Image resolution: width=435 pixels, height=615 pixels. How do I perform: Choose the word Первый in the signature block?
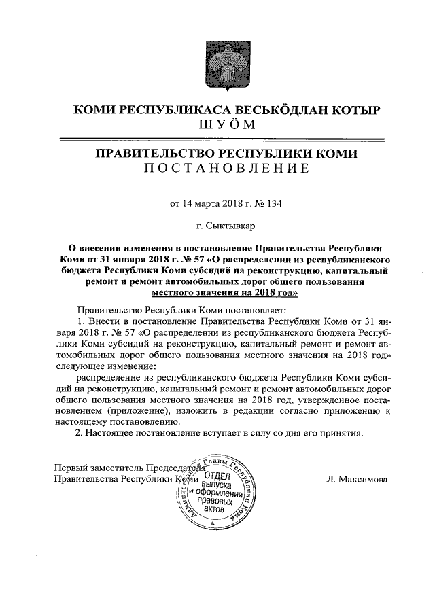click(x=70, y=468)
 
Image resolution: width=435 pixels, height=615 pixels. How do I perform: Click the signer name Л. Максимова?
click(x=358, y=479)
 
